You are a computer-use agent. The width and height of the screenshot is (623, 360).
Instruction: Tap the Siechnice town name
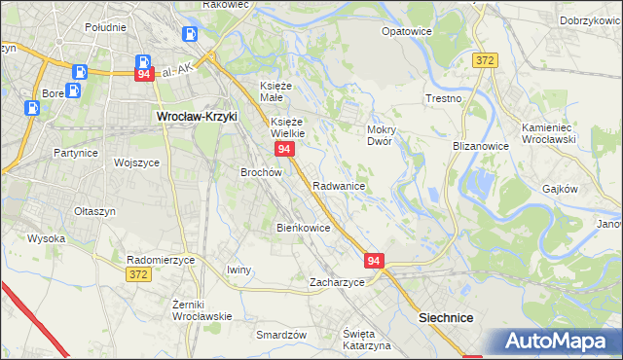click(x=445, y=317)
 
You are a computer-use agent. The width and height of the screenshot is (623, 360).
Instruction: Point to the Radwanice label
click(x=339, y=185)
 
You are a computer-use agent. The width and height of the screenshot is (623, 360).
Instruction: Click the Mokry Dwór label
click(x=379, y=134)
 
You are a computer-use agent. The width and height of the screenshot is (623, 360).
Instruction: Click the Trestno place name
click(x=443, y=99)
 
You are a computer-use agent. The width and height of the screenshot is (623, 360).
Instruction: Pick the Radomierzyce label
click(x=162, y=260)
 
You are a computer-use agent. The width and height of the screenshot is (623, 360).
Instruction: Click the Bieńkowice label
click(x=304, y=228)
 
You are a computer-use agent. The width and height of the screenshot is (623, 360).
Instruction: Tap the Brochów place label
click(x=261, y=172)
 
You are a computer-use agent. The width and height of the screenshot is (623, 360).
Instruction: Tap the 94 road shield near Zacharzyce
click(x=375, y=260)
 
